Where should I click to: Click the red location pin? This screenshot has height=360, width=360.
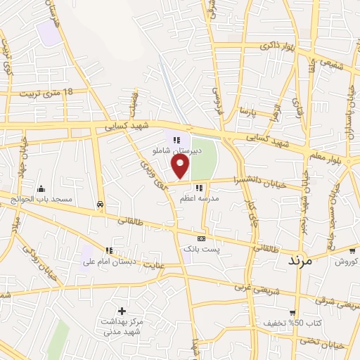181,166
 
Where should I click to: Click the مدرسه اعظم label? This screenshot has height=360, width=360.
200,199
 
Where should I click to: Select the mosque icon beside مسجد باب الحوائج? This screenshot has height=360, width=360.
41,188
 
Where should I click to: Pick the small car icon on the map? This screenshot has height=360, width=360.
101,205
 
